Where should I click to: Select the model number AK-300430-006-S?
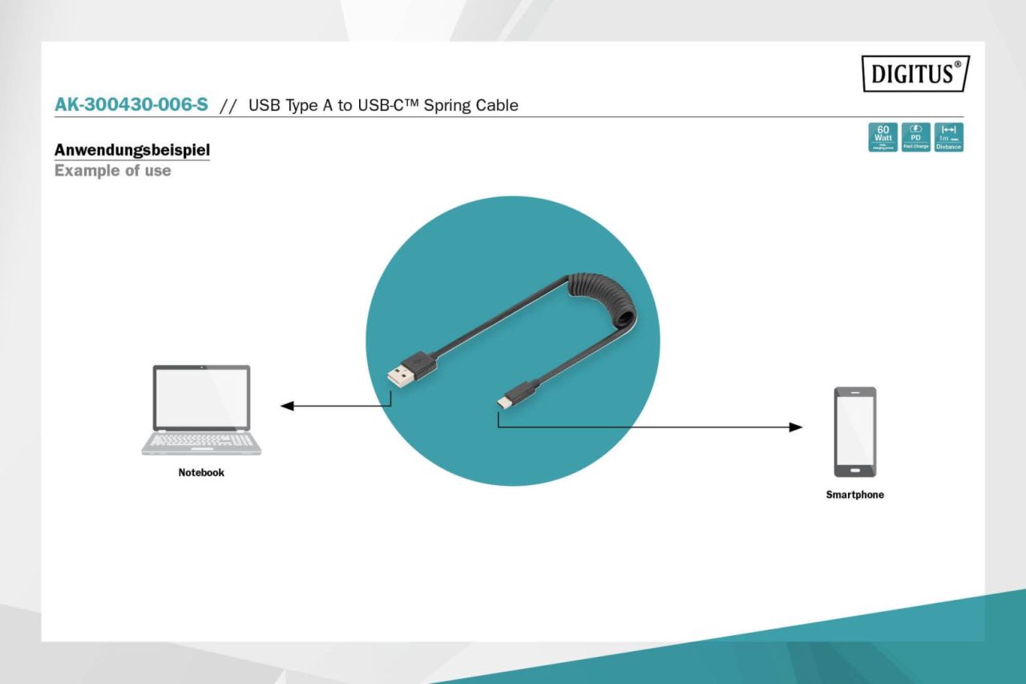[132, 106]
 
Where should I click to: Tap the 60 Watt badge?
[884, 137]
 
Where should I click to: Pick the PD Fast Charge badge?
[916, 137]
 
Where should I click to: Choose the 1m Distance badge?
[948, 137]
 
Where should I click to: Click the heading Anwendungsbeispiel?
[131, 150]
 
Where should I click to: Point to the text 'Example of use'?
[112, 171]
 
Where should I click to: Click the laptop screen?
[201, 397]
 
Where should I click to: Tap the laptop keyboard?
[200, 440]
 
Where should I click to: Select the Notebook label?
[201, 473]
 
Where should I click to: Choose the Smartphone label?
[854, 495]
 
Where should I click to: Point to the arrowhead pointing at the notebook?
[286, 406]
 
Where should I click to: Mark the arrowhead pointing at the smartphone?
[796, 427]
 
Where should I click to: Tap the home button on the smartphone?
[854, 471]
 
